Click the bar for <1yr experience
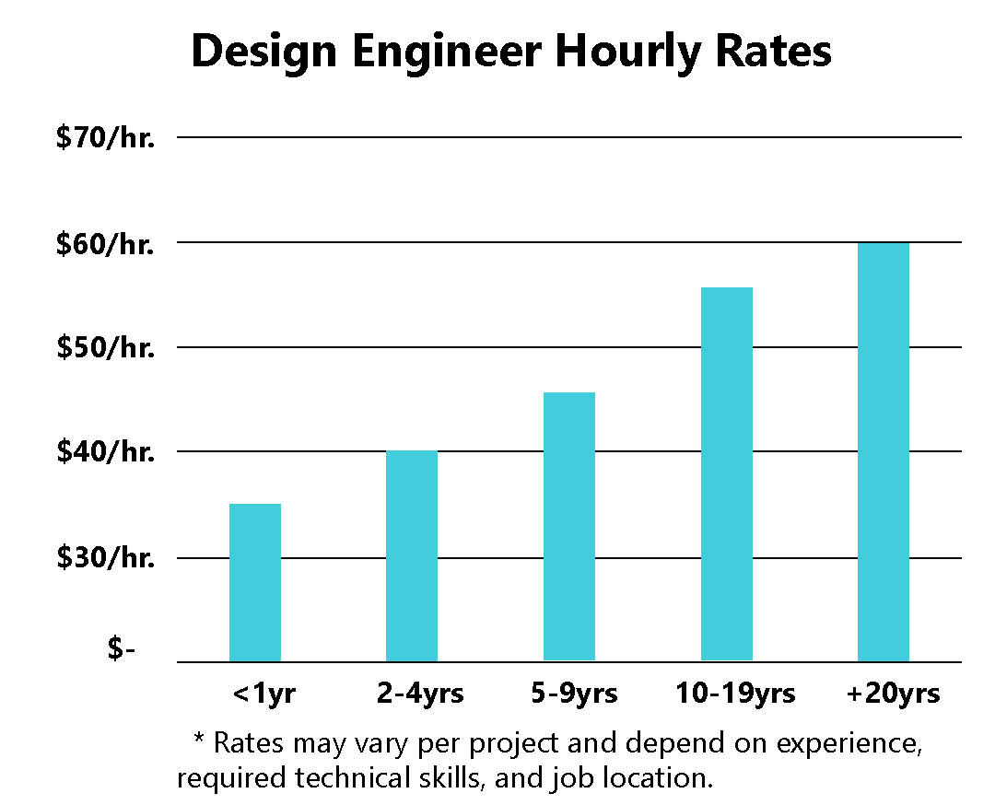(255, 582)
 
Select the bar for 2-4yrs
(412, 555)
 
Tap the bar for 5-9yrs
(569, 527)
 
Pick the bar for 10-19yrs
(727, 474)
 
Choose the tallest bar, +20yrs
(884, 451)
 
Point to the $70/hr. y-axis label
(104, 138)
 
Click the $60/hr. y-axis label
(104, 243)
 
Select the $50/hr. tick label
(104, 348)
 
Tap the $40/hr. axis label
(104, 452)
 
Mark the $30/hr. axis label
(104, 558)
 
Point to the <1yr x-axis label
(264, 694)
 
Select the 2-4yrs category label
(420, 694)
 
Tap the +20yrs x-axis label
(893, 694)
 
